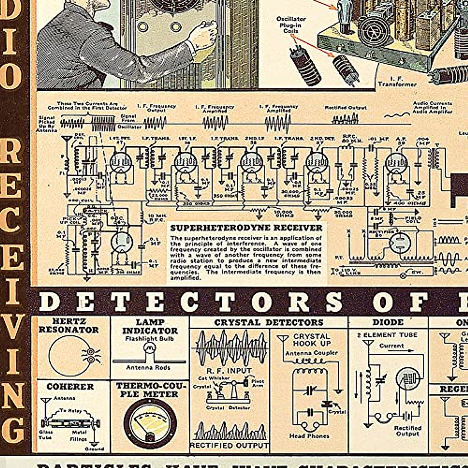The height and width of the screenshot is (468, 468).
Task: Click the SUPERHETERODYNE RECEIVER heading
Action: coord(246,228)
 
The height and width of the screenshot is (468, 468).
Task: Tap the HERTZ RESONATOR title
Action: coord(69,326)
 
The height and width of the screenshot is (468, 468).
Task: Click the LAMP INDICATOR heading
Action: coord(150,326)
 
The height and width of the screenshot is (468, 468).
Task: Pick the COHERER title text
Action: coord(70,386)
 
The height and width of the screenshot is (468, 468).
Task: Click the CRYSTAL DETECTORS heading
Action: coord(269,323)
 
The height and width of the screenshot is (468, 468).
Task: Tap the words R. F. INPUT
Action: coord(229,370)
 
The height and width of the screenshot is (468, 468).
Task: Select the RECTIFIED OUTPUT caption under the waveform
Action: coord(229,445)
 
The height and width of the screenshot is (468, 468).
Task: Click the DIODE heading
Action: coord(388,322)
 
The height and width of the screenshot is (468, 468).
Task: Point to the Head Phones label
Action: coord(309,436)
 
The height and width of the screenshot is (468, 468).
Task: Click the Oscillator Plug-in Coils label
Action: coord(291,25)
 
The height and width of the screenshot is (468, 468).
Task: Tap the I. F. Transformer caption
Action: coord(397,81)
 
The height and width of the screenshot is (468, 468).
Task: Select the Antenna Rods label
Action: coord(148,367)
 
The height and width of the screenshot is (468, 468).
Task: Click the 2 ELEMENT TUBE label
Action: coord(387,335)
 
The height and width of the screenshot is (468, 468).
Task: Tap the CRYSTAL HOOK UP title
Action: coord(312,340)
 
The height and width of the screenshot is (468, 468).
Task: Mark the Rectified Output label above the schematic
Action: coord(346,107)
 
